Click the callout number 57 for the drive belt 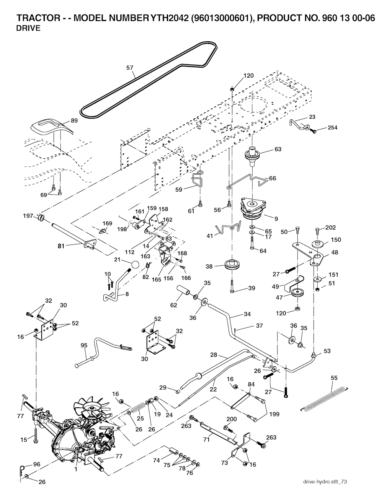pyautogui.click(x=130, y=68)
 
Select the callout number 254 pyautogui.click(x=333, y=128)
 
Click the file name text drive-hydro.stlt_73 pyautogui.click(x=325, y=482)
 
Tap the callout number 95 pyautogui.click(x=84, y=346)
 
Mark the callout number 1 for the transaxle pyautogui.click(x=76, y=469)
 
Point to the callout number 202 pyautogui.click(x=330, y=228)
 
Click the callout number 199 pyautogui.click(x=274, y=414)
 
